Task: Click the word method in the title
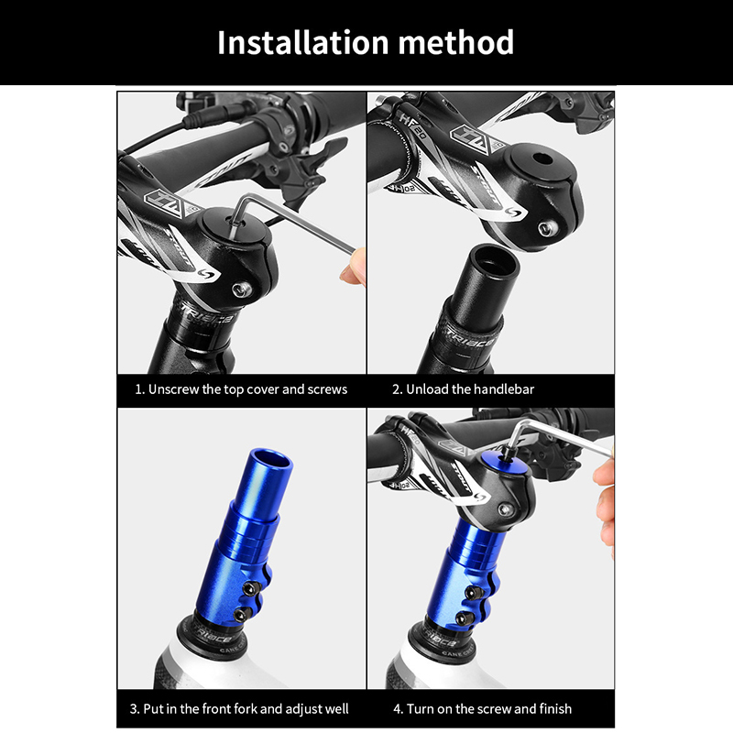(x=455, y=42)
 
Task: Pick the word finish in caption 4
(x=555, y=708)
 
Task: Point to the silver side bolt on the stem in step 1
(x=242, y=290)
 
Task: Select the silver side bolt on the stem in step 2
(x=547, y=229)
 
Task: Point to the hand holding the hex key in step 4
(x=605, y=505)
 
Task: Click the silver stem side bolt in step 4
(x=505, y=509)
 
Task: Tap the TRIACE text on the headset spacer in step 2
(x=469, y=338)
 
